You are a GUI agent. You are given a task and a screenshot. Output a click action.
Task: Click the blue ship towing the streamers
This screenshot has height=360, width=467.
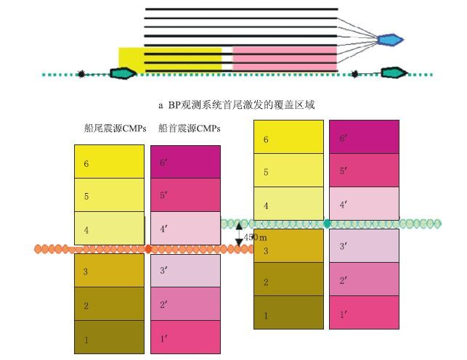[390, 38]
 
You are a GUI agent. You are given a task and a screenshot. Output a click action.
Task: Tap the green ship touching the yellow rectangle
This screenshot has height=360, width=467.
[122, 73]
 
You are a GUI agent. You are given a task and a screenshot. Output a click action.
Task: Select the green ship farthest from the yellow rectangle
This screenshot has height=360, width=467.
[394, 73]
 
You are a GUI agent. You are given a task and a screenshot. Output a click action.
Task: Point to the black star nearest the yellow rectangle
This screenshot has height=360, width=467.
[81, 73]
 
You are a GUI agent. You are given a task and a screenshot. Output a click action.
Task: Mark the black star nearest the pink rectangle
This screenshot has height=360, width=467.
[355, 73]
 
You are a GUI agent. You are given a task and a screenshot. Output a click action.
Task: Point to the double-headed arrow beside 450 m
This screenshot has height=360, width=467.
[238, 235]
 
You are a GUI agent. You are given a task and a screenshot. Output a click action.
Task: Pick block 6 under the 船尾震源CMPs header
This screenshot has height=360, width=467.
[109, 162]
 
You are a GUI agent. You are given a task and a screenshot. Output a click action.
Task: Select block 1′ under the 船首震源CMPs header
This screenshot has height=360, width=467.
[185, 337]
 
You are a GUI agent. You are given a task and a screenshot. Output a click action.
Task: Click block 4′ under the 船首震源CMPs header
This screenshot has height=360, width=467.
[185, 229]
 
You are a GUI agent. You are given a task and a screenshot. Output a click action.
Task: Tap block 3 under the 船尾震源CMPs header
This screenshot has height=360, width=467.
[109, 271]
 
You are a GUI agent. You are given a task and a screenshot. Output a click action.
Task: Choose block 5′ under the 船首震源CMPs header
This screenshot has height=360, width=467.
[185, 195]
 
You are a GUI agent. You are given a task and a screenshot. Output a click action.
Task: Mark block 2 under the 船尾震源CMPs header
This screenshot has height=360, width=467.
[109, 304]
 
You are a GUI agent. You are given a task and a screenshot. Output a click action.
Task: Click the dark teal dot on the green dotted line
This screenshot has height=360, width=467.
[328, 223]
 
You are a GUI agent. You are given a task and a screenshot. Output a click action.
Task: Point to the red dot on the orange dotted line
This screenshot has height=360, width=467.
[148, 249]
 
